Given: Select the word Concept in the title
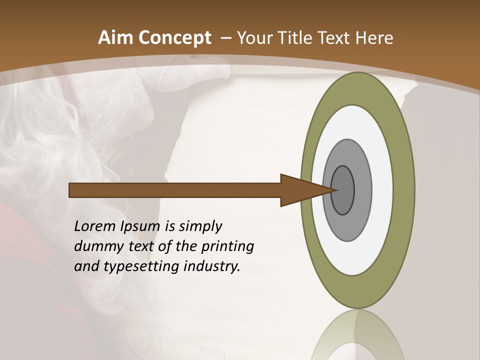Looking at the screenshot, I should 175,38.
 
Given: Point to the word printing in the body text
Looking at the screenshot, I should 227,247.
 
